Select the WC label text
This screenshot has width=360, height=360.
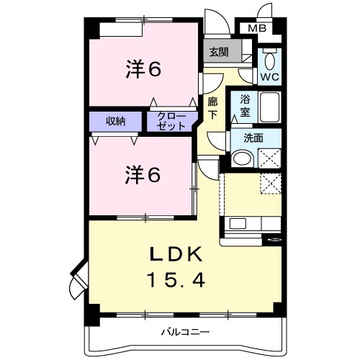270,76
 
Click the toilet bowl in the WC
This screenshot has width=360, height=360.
270,58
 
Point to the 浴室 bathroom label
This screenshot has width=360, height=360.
244,106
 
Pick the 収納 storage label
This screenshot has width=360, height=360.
117,120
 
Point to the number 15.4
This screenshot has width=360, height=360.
179,279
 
